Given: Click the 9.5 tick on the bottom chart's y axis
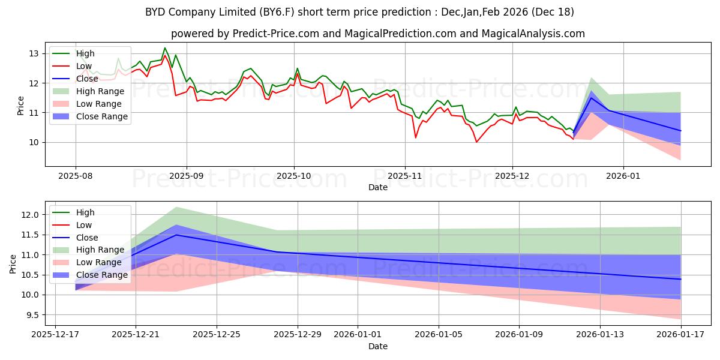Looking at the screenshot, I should pos(31,315).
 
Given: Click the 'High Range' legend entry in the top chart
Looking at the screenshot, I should pos(100,91).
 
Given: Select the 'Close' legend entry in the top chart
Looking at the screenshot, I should pos(87,79).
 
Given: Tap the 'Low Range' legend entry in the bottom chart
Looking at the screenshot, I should pos(100,262).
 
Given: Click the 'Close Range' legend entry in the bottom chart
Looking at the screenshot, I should pos(102,275).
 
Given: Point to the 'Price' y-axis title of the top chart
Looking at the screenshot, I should pos(20,106).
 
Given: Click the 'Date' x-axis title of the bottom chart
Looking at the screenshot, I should pos(378,346).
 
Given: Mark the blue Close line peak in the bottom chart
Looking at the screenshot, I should pos(176,235).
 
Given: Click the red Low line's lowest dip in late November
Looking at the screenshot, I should pos(476,142).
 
